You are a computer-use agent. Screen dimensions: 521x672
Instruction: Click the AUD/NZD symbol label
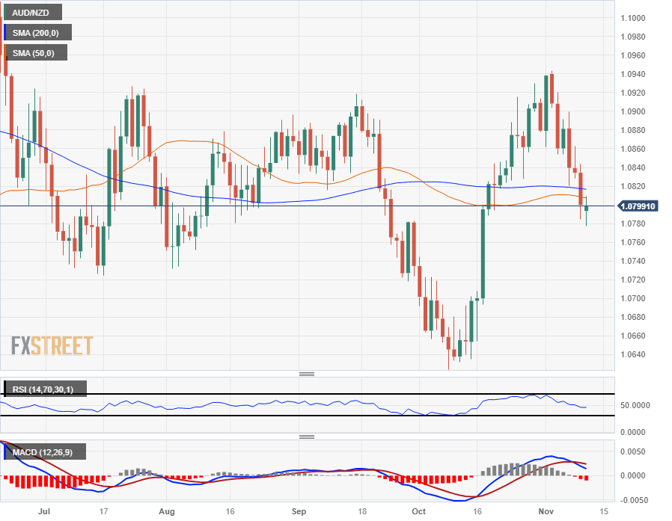coord(31,13)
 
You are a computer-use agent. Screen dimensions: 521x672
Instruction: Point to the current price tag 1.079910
coord(638,206)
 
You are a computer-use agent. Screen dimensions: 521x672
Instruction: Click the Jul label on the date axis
coord(46,512)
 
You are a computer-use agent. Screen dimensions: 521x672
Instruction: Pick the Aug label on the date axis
coord(167,512)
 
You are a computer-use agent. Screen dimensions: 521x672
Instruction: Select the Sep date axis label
coord(299,512)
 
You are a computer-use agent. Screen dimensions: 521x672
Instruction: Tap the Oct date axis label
coord(419,512)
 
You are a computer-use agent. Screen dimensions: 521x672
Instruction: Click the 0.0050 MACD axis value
coord(635,451)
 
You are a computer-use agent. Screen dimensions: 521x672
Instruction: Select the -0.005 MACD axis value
coord(635,500)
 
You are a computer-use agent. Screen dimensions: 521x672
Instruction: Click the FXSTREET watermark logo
coord(52,345)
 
